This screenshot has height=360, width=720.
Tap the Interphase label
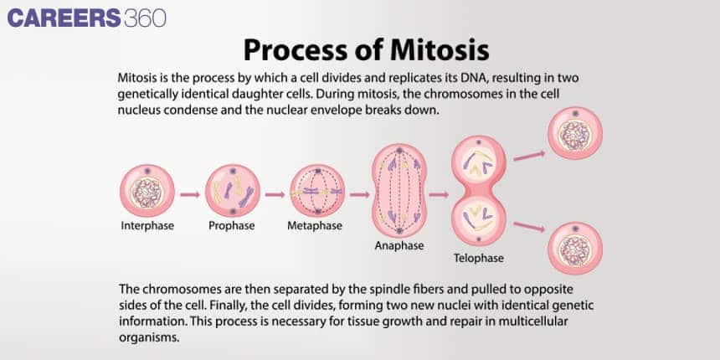147,226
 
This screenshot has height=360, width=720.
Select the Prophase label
232,226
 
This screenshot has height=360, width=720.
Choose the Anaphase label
399,246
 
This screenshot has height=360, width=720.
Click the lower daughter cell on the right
574,248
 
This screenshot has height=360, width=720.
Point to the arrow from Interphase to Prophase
190,194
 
